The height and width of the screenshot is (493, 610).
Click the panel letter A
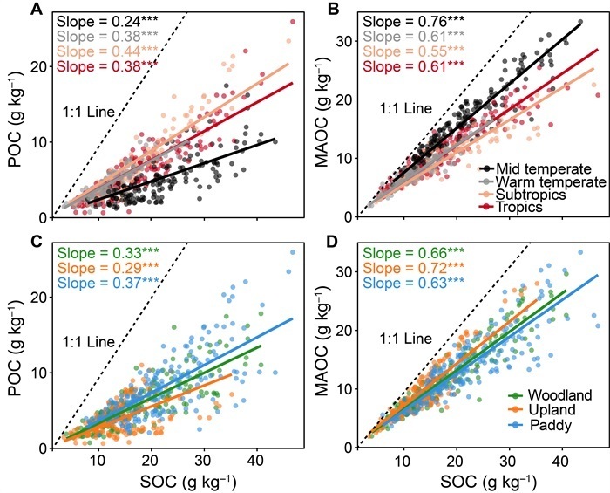37,10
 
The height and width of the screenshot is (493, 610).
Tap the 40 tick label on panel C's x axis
256,460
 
